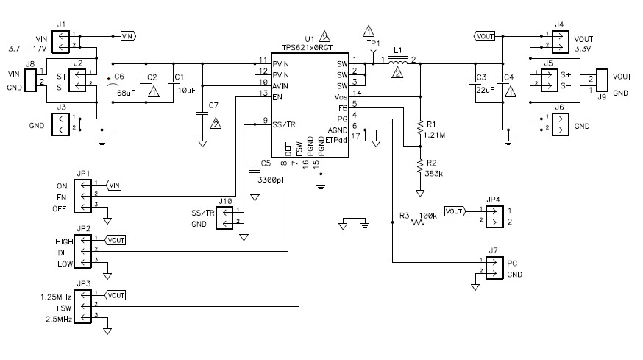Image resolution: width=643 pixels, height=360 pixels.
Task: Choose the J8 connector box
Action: click(31, 81)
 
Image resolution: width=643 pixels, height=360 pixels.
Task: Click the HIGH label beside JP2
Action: click(65, 241)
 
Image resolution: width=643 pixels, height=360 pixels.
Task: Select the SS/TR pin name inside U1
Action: click(284, 123)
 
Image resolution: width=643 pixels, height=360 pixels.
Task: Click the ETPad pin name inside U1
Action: click(335, 137)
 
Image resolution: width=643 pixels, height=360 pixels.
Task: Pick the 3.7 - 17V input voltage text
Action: click(26, 48)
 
